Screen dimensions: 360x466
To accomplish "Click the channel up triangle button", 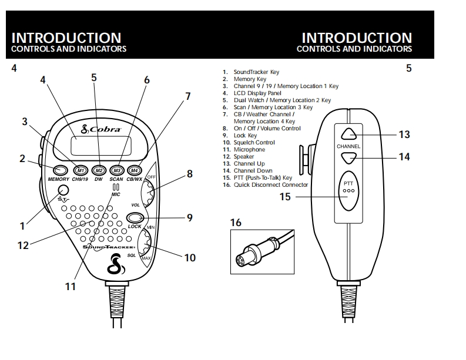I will coord(348,134).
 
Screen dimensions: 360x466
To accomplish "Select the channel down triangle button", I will coord(348,157).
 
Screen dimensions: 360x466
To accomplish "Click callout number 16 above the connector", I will coord(236,223).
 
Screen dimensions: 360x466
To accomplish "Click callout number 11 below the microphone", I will coord(71,287).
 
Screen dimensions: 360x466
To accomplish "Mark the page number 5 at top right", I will coord(408,68).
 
